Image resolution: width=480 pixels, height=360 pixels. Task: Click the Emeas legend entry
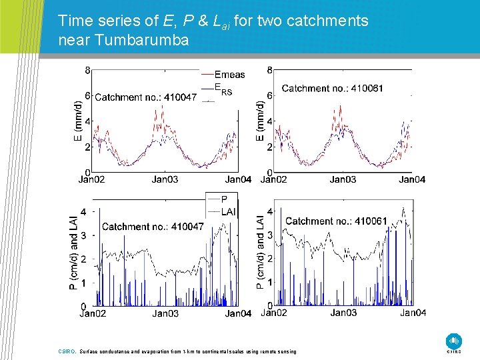tap(229, 75)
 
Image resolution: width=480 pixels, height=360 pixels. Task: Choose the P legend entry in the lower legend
tap(224, 199)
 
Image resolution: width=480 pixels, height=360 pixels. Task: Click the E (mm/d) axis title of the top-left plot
tap(79, 120)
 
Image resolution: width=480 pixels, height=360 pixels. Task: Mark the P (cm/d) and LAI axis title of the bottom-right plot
tap(261, 250)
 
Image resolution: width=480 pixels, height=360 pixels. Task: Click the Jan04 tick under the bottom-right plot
tap(413, 313)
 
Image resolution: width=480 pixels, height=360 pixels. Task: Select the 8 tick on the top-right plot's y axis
tap(269, 71)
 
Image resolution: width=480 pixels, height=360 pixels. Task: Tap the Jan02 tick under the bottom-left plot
tap(93, 313)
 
